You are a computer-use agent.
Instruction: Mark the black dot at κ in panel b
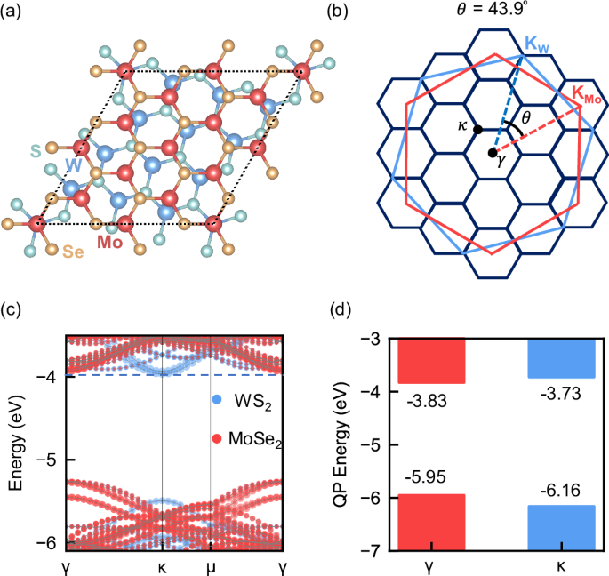point(478,130)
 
